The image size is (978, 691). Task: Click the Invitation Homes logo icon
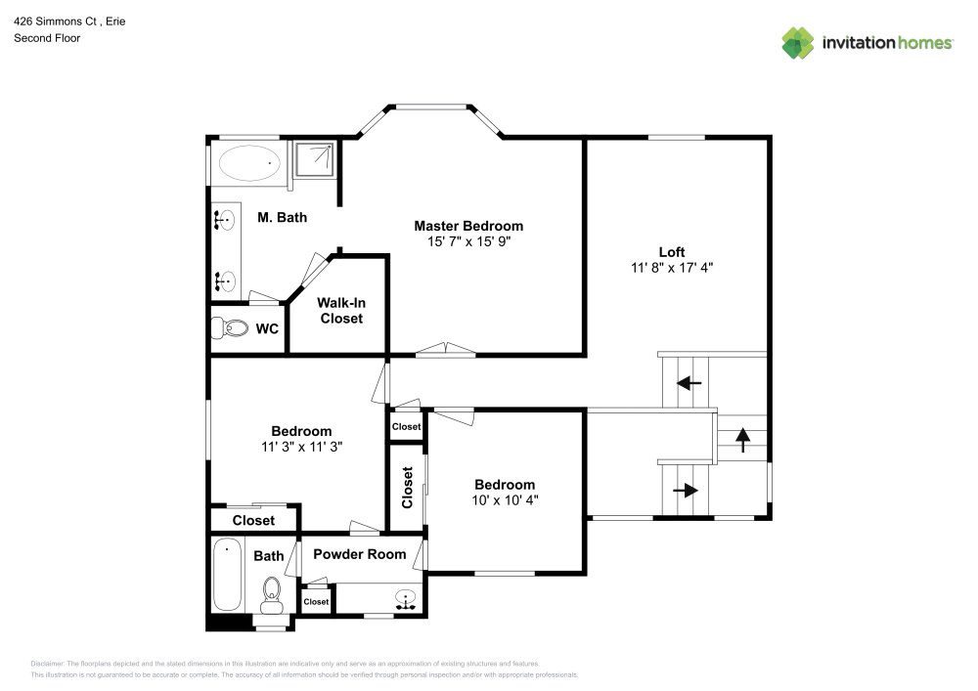tap(798, 42)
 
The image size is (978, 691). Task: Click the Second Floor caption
tap(47, 38)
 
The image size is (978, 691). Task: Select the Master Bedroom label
tap(467, 226)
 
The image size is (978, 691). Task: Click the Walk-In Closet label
tap(339, 311)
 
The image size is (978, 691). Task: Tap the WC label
tap(267, 329)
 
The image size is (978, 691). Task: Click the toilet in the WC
tap(231, 329)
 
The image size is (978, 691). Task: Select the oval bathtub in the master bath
tap(248, 162)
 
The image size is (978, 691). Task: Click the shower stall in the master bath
tap(314, 159)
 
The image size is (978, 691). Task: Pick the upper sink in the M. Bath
tap(225, 221)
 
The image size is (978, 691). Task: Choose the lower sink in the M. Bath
tap(225, 282)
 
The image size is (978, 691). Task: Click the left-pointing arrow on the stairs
tap(690, 383)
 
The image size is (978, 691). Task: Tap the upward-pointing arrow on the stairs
tap(741, 439)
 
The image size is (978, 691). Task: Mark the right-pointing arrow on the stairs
tap(687, 491)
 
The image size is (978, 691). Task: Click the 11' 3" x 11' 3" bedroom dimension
tap(300, 446)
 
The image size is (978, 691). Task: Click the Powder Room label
tap(359, 554)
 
